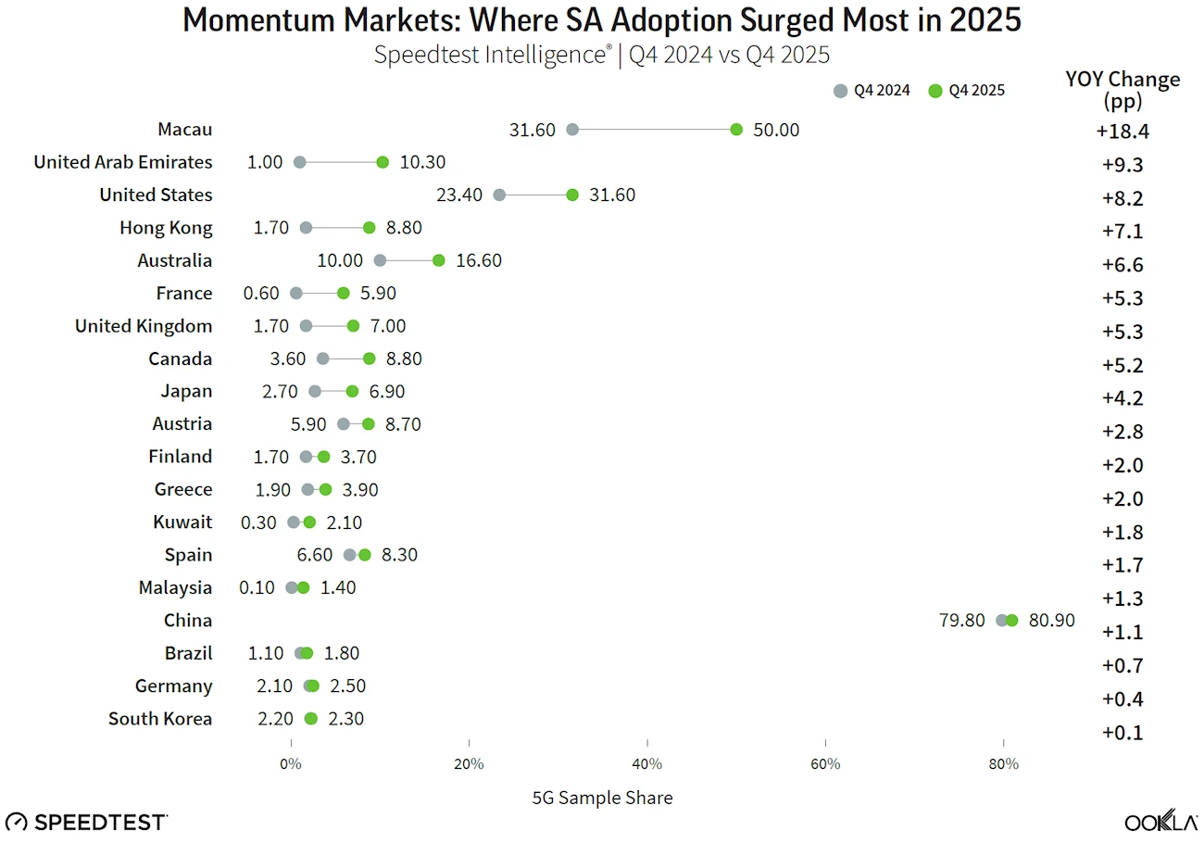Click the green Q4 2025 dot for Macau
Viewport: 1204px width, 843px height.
pyautogui.click(x=736, y=130)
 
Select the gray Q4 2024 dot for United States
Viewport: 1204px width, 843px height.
pyautogui.click(x=499, y=195)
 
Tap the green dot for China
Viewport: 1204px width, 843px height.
pyautogui.click(x=1011, y=621)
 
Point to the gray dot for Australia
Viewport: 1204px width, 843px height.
pyautogui.click(x=380, y=260)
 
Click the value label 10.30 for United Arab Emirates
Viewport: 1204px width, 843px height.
pyautogui.click(x=422, y=162)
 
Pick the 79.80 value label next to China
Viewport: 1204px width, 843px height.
pyautogui.click(x=961, y=621)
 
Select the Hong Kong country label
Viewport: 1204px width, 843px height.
pyautogui.click(x=166, y=228)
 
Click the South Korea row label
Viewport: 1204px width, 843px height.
pyautogui.click(x=160, y=719)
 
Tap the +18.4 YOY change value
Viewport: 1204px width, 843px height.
pyautogui.click(x=1122, y=132)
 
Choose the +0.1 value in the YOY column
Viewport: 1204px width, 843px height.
pyautogui.click(x=1122, y=733)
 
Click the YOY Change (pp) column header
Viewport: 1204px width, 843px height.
pyautogui.click(x=1122, y=89)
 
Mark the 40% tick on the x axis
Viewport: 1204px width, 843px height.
pyautogui.click(x=647, y=764)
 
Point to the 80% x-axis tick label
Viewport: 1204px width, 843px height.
pyautogui.click(x=1004, y=764)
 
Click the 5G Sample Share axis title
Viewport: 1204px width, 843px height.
pyautogui.click(x=602, y=798)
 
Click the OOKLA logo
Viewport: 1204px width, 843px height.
pyautogui.click(x=1158, y=821)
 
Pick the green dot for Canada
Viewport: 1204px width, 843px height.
pyautogui.click(x=370, y=359)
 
